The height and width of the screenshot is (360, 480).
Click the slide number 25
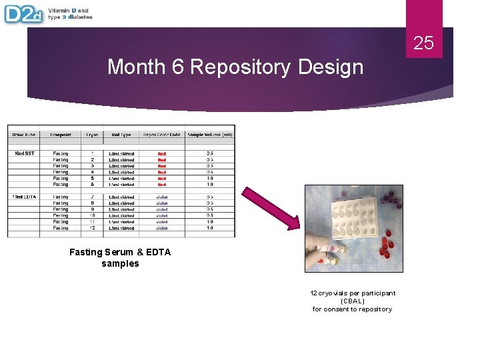tap(423, 43)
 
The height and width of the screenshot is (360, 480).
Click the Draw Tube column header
tap(25, 135)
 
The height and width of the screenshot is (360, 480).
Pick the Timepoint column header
tap(61, 135)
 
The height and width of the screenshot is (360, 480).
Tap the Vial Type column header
tap(121, 135)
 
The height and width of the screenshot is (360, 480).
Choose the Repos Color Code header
tap(161, 135)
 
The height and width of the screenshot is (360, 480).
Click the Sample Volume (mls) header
tap(209, 135)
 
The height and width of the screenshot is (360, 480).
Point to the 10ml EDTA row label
tap(25, 197)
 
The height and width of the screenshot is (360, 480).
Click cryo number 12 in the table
tap(92, 228)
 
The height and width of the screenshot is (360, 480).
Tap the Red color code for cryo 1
tap(162, 153)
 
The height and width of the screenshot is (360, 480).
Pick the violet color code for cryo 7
tap(162, 197)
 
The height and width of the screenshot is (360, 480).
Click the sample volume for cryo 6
tap(209, 185)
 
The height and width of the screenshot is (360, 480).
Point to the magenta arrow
tap(270, 208)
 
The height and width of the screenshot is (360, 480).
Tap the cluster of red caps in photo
tap(385, 247)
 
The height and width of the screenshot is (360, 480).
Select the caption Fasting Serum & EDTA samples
tap(120, 257)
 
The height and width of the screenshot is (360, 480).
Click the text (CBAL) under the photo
tap(352, 301)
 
